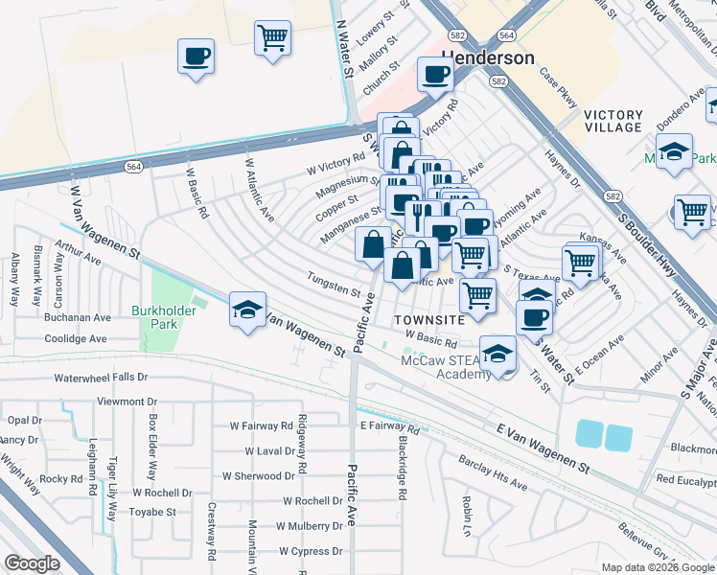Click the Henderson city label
point(488,58)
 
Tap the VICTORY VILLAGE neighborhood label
point(613,121)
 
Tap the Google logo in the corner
point(32,563)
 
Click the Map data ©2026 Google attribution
point(657,567)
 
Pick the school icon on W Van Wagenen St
point(248,310)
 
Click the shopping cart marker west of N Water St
point(273,38)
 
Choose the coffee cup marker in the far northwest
point(196,55)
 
